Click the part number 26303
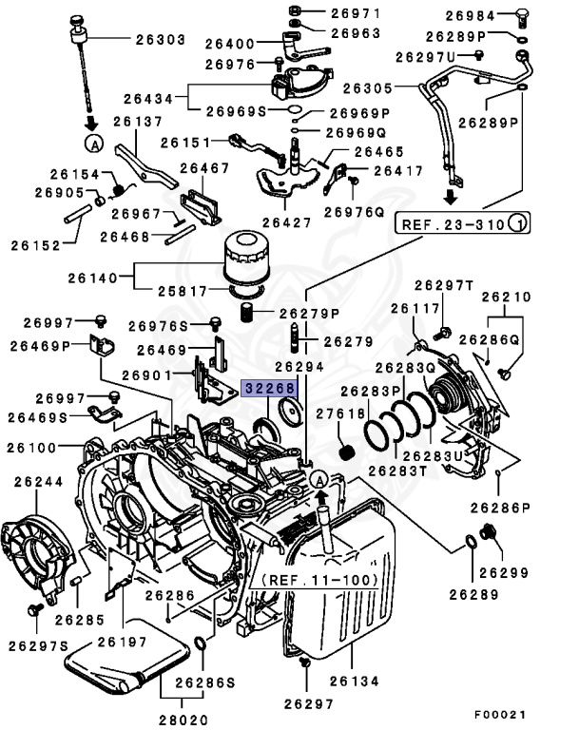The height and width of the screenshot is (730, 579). (162, 40)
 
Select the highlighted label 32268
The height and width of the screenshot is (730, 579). (270, 388)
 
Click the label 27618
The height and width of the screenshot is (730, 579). (341, 413)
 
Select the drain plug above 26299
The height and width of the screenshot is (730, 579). (490, 534)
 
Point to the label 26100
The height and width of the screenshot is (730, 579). (36, 446)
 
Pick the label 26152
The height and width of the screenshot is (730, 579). (36, 244)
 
